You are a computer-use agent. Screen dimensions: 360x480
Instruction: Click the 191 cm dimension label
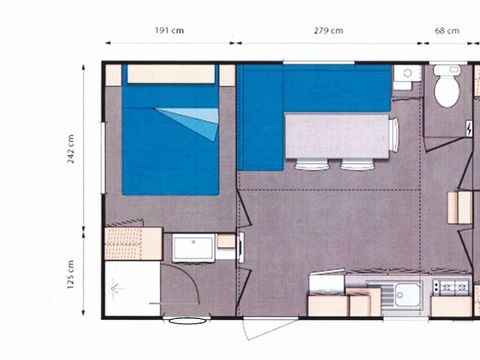[x=169, y=30]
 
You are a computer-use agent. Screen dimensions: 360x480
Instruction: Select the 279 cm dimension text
[x=331, y=30]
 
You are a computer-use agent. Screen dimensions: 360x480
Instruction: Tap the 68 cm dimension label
[x=447, y=30]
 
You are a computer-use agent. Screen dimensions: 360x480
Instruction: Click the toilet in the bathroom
[x=446, y=88]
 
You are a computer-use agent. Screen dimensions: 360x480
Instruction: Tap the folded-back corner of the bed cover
[x=201, y=123]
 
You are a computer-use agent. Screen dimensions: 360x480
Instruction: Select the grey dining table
[x=338, y=134]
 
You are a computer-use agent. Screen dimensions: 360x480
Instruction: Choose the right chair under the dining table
[x=357, y=164]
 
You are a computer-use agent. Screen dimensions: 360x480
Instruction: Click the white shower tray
[x=131, y=290]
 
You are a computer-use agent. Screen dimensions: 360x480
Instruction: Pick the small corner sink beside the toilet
[x=405, y=76]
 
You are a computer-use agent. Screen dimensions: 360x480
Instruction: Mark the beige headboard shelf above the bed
[x=171, y=74]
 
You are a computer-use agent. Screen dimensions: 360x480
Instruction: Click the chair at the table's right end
[x=394, y=134]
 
